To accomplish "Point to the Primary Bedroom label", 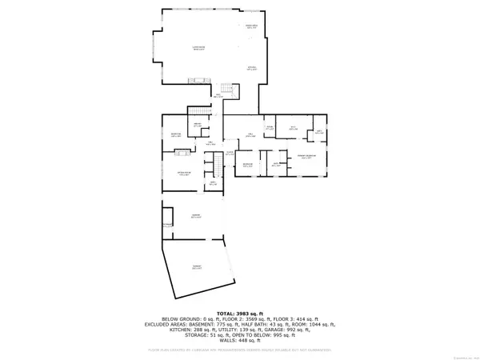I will click(x=306, y=157).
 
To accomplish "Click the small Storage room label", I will click(x=166, y=226).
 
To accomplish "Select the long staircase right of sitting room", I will click(x=214, y=165).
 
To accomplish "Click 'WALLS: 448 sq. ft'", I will click(x=239, y=345).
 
